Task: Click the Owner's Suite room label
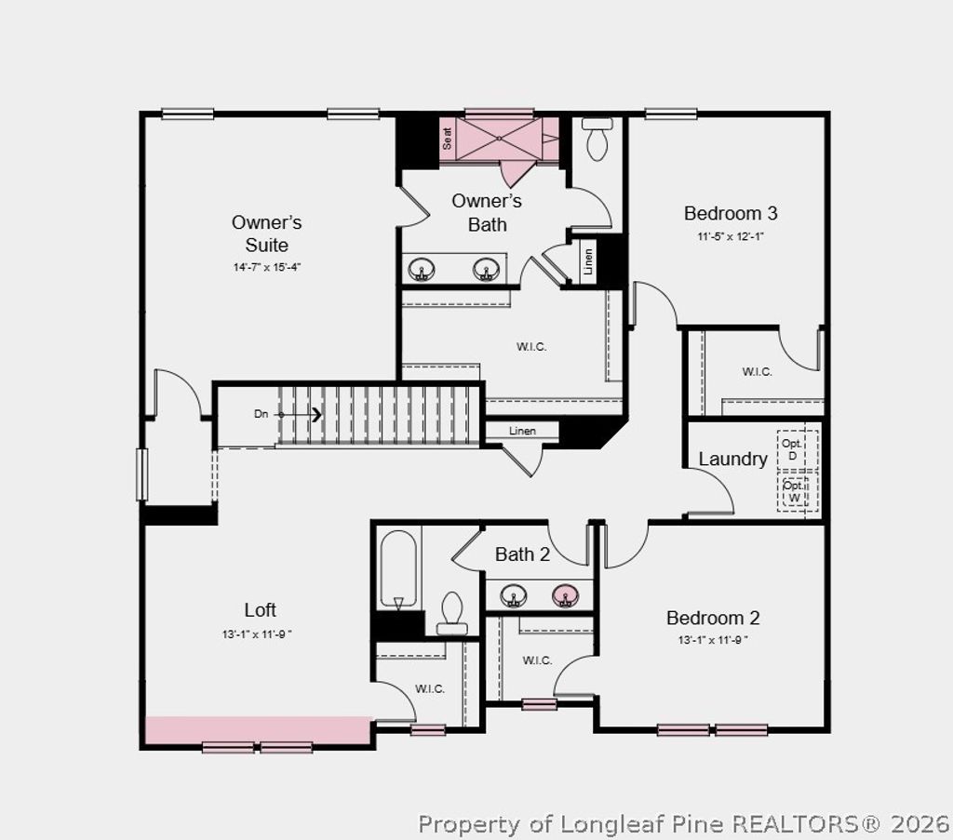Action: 266,233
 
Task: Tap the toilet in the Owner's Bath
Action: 597,140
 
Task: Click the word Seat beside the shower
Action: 448,139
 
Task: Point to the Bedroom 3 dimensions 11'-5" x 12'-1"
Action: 731,236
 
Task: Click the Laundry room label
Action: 732,459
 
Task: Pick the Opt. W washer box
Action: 794,491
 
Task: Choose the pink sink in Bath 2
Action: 564,595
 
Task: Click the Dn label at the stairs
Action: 261,414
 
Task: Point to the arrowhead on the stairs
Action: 316,414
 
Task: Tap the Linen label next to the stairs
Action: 523,431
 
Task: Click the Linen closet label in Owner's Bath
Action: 588,262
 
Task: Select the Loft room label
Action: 260,610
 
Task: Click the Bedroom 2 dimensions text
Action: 713,640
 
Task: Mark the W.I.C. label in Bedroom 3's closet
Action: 757,371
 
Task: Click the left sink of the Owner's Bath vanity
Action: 422,270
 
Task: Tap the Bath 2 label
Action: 522,554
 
